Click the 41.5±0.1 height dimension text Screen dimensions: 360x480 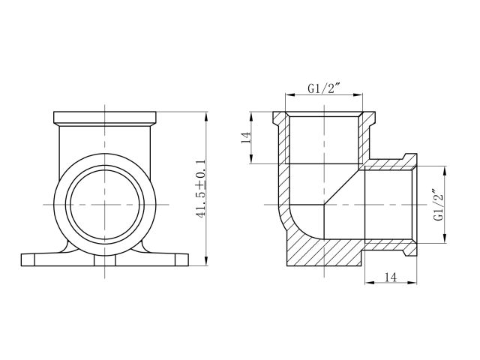pyautogui.click(x=200, y=188)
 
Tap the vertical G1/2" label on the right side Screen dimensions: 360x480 pyautogui.click(x=437, y=204)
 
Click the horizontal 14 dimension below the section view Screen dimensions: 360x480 pyautogui.click(x=390, y=277)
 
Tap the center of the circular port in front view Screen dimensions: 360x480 pyautogui.click(x=105, y=203)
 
